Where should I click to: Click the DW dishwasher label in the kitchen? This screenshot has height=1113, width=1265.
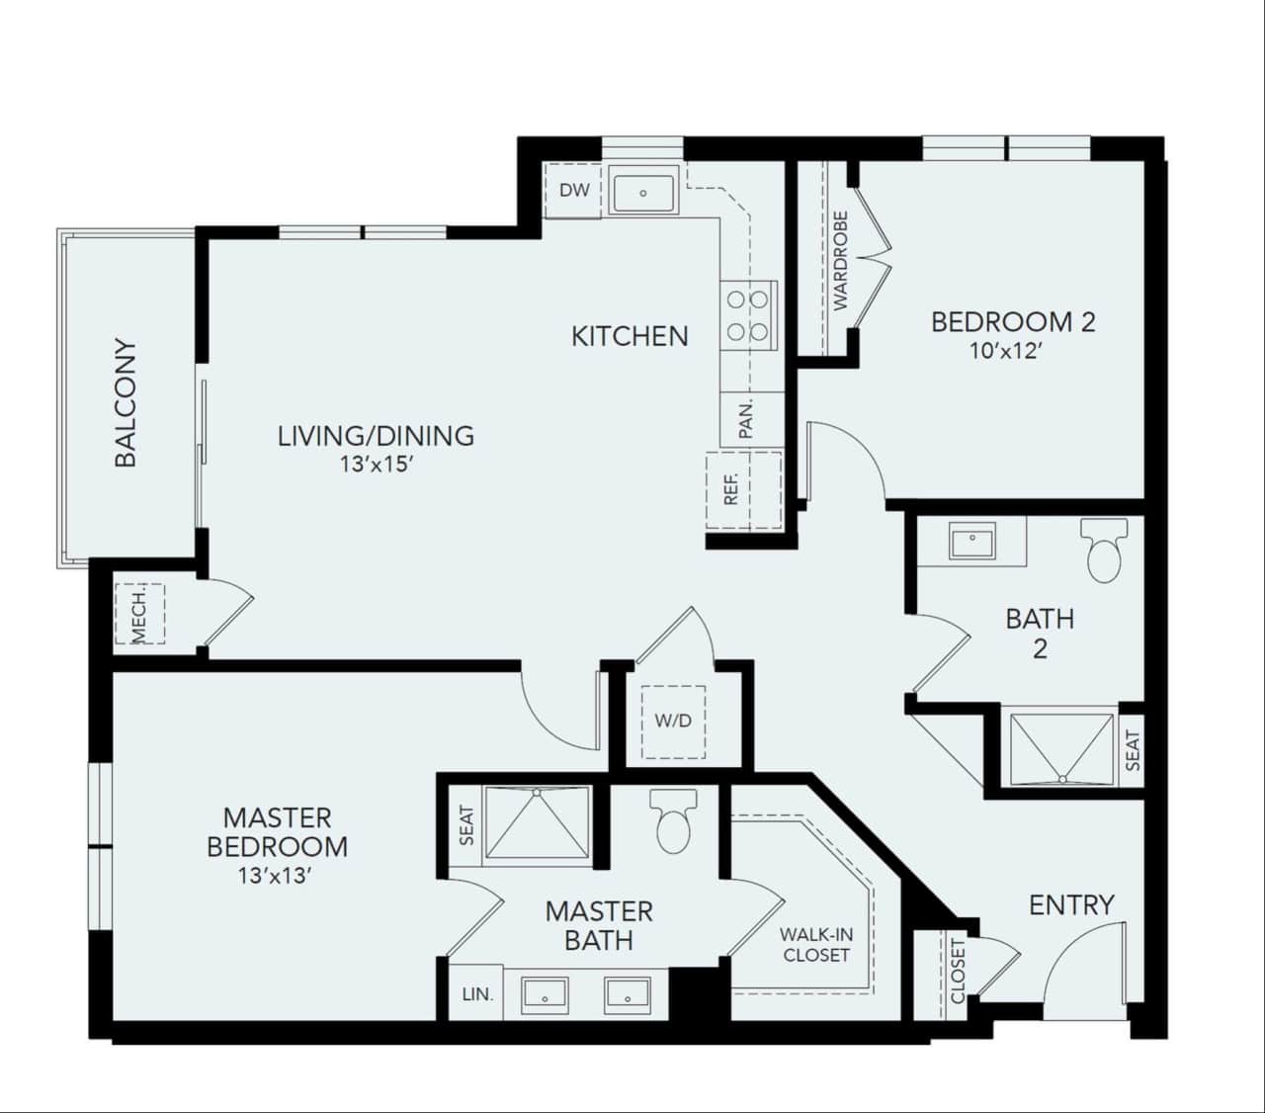[x=574, y=190]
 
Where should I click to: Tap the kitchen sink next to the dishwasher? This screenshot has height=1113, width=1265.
[x=642, y=192]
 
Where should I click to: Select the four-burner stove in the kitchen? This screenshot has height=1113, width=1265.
[x=748, y=314]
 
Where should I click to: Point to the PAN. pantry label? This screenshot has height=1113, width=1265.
[x=746, y=418]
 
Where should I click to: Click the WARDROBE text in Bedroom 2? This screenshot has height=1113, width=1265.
[x=840, y=261]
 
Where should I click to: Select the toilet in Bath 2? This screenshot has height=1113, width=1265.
[x=1104, y=551]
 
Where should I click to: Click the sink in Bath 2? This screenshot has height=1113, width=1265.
[x=973, y=541]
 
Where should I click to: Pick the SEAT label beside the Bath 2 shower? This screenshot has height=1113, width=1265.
[x=1133, y=750]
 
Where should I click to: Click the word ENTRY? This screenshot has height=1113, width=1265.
[x=1071, y=904]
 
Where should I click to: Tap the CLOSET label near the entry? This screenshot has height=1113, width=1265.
[x=958, y=971]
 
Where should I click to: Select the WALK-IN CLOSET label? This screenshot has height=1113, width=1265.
[x=816, y=944]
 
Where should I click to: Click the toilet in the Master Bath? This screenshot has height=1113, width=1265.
[x=674, y=821]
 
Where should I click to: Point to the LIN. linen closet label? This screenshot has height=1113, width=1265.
[x=477, y=993]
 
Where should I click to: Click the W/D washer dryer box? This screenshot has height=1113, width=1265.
[x=673, y=721]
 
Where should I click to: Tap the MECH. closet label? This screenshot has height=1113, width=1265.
[x=139, y=614]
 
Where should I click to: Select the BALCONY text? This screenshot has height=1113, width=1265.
[x=126, y=403]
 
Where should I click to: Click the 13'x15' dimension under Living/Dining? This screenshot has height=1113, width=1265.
[x=375, y=464]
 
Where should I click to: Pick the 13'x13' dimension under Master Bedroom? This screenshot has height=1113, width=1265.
[x=276, y=875]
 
